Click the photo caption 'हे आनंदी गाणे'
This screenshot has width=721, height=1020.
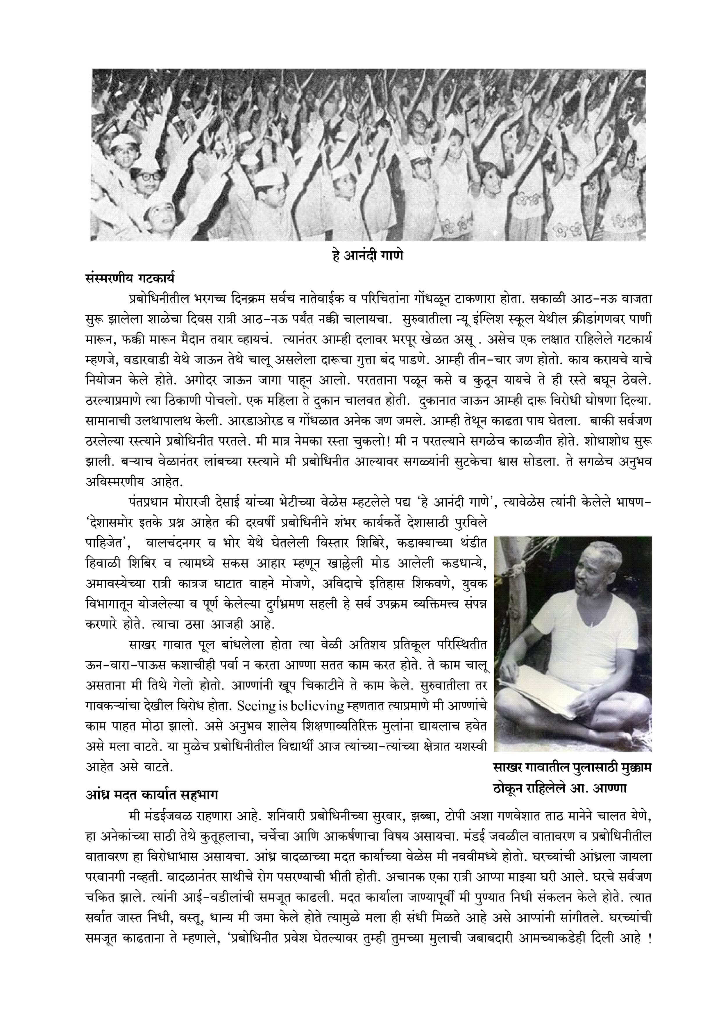pos(368,256)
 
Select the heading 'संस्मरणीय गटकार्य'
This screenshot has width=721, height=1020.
pos(130,279)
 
